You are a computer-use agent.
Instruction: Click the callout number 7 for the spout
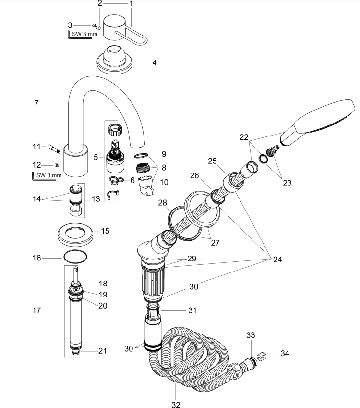tap(36, 103)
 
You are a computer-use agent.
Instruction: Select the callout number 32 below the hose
tap(176, 405)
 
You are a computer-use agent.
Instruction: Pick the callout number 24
tap(277, 259)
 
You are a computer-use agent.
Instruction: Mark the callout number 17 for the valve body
tap(36, 311)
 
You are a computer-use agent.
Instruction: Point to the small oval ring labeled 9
tap(141, 155)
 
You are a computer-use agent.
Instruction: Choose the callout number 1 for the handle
tap(131, 4)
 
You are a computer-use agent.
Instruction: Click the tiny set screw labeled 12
tap(56, 165)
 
